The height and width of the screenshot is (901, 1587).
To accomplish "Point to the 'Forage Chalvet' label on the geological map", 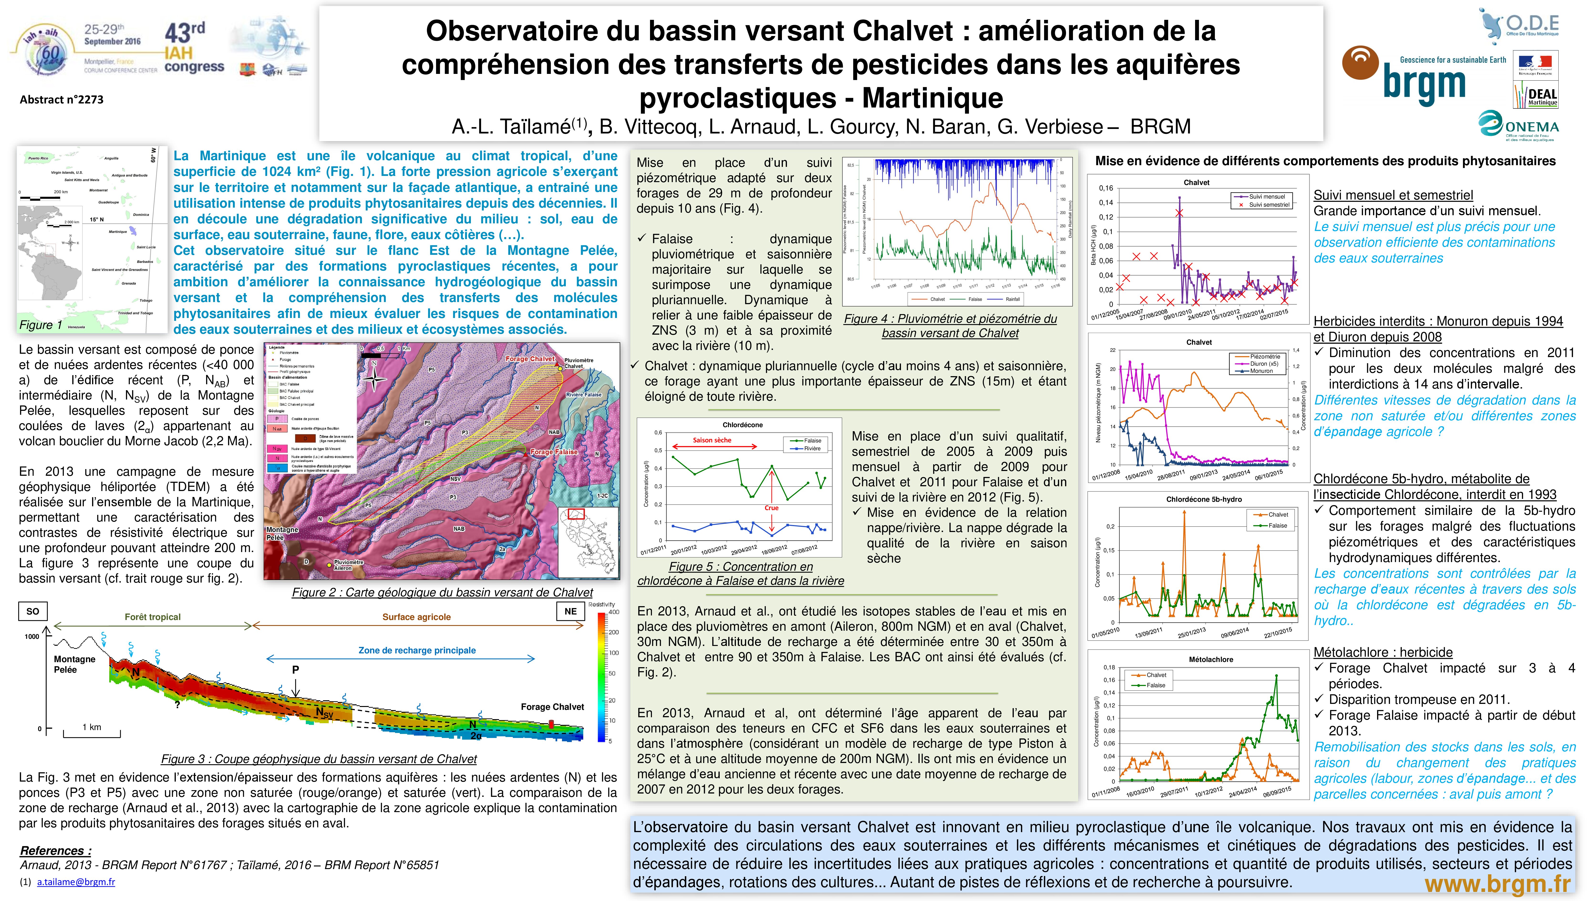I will point(529,359).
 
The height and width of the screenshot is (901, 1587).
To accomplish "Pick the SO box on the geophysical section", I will point(33,611).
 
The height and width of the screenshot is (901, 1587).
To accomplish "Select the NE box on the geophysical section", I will point(570,611).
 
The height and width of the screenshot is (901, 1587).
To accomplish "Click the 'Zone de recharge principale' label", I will point(417,650).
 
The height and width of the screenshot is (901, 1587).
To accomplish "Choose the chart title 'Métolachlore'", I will point(1211,660).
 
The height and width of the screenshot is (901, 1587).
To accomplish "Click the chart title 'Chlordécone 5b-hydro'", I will point(1204,499).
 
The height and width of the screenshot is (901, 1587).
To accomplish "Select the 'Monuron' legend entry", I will point(1261,371).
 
